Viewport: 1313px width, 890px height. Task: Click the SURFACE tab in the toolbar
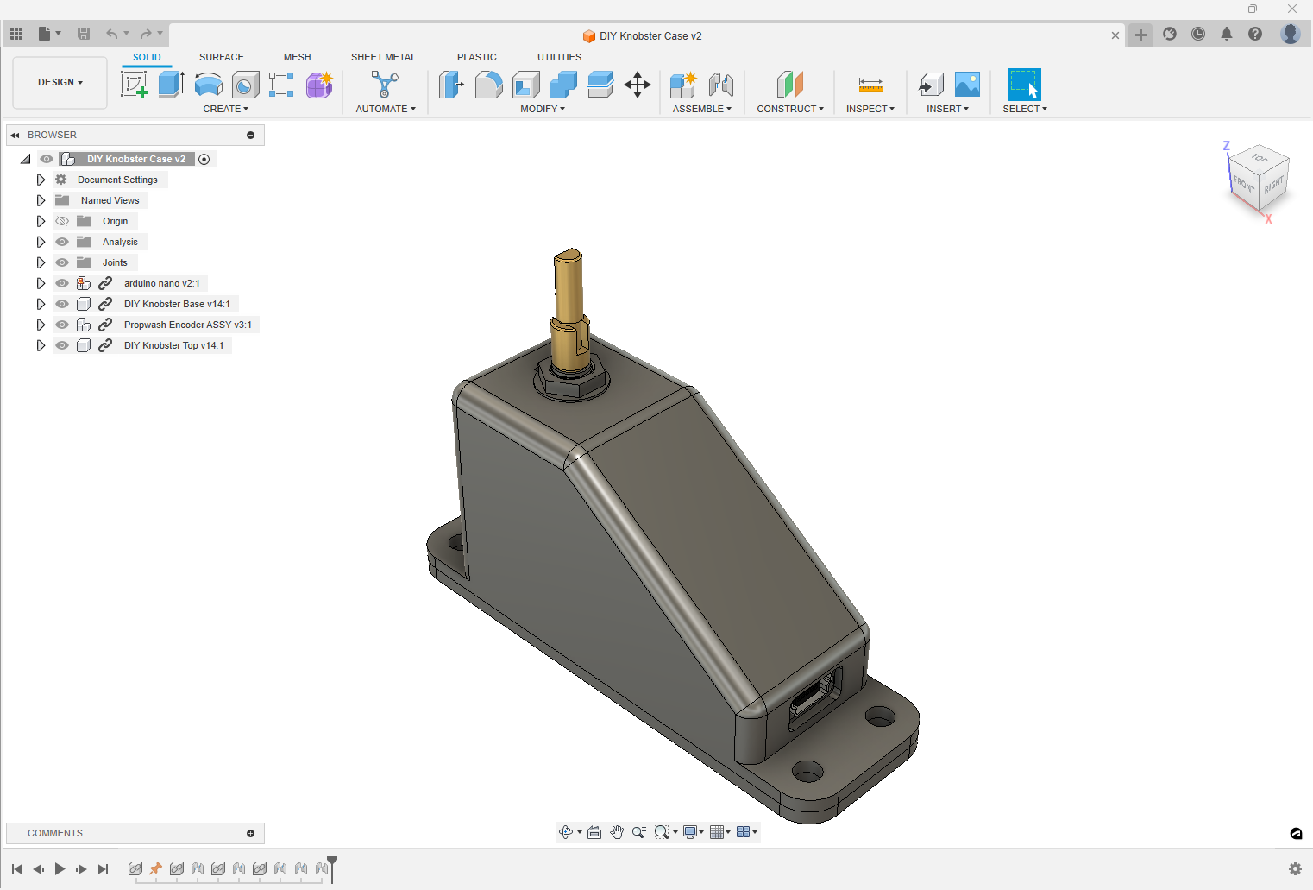pyautogui.click(x=221, y=57)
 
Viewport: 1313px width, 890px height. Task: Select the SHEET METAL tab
pyautogui.click(x=383, y=57)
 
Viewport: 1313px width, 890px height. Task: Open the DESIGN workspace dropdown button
pyautogui.click(x=60, y=83)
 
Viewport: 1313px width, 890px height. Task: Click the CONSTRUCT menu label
pyautogui.click(x=789, y=109)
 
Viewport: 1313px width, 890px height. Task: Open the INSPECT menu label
pyautogui.click(x=870, y=109)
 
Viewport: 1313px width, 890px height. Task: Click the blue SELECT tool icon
pyautogui.click(x=1024, y=85)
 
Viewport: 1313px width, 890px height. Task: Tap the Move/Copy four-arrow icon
pyautogui.click(x=638, y=85)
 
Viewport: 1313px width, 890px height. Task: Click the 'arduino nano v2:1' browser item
pyautogui.click(x=161, y=283)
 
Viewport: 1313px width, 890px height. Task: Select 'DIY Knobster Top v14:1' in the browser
pyautogui.click(x=173, y=345)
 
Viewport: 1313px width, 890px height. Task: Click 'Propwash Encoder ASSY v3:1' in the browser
pyautogui.click(x=187, y=325)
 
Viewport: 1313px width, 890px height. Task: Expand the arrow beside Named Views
pyautogui.click(x=41, y=200)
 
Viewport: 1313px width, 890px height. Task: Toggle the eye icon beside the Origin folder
pyautogui.click(x=62, y=221)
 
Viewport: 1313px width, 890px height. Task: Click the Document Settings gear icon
pyautogui.click(x=61, y=180)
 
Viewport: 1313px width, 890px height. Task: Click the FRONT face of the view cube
pyautogui.click(x=1243, y=185)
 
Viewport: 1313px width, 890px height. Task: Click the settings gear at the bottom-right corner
pyautogui.click(x=1294, y=868)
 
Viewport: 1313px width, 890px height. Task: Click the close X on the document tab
pyautogui.click(x=1115, y=35)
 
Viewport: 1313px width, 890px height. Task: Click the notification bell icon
pyautogui.click(x=1226, y=35)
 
